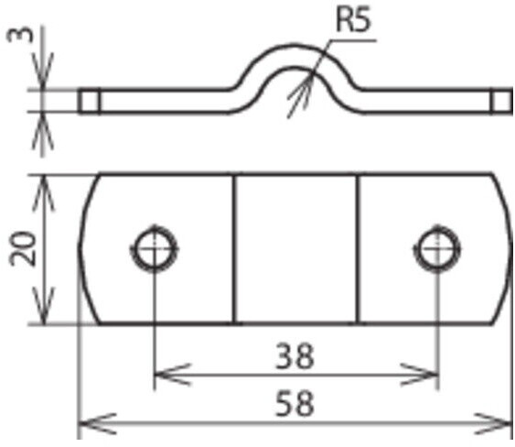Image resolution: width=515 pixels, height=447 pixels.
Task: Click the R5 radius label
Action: pos(353,19)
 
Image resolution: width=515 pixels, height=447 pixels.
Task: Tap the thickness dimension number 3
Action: pos(20,35)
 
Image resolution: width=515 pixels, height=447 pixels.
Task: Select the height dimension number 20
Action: pos(22,248)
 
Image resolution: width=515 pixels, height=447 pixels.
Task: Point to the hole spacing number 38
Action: pos(295,355)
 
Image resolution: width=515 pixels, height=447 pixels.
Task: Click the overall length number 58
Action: pos(295,403)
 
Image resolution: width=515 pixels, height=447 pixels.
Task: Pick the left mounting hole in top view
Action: pos(154,248)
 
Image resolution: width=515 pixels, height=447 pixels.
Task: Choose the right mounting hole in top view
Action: pos(437,248)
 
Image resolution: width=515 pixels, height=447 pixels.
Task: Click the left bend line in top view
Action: pos(234,248)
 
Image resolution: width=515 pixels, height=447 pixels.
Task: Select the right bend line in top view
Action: pos(358,248)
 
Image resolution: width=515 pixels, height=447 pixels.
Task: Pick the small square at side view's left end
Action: pos(89,101)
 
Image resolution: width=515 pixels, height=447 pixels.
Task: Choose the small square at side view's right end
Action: pos(502,101)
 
